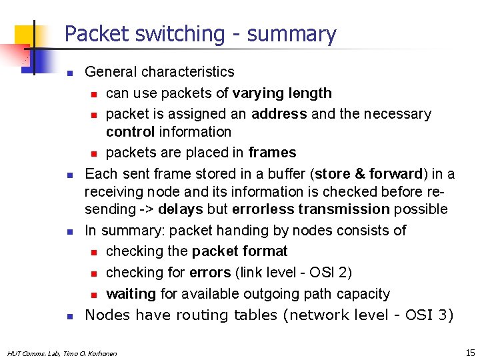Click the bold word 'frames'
click(272, 153)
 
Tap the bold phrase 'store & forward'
click(369, 174)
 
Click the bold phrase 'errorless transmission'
click(310, 209)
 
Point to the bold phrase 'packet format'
click(239, 251)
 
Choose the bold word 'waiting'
click(131, 294)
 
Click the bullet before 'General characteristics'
click(69, 73)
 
